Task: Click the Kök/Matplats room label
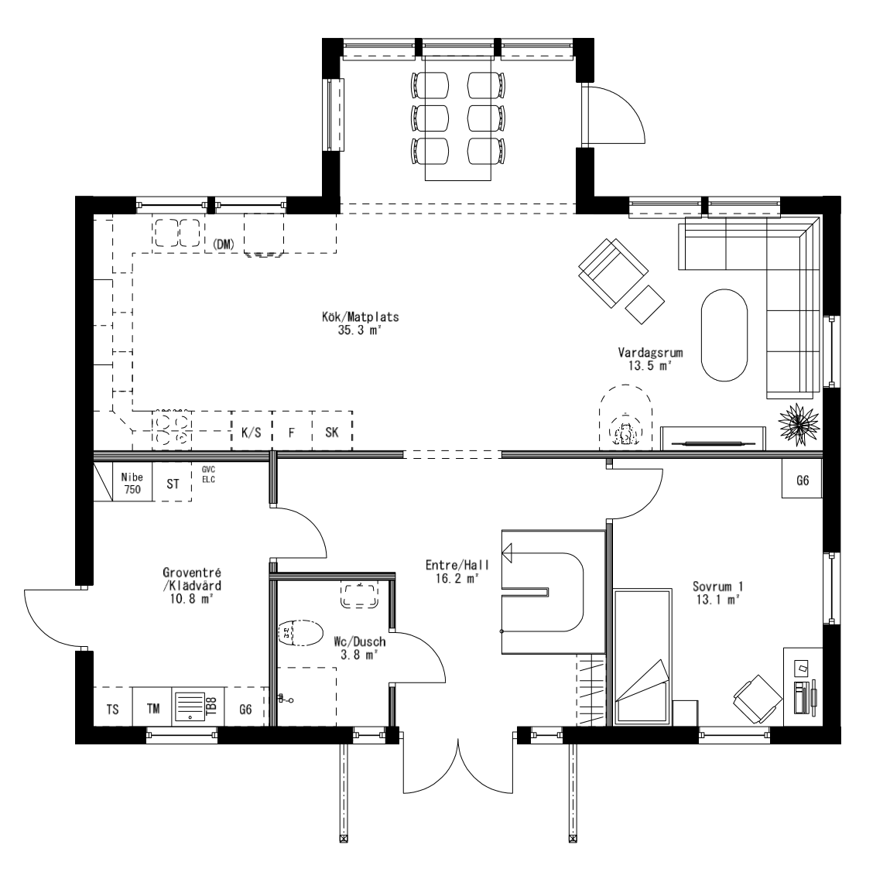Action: pyautogui.click(x=361, y=323)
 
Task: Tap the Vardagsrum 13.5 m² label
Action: pyautogui.click(x=649, y=359)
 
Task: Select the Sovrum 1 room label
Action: pyautogui.click(x=717, y=592)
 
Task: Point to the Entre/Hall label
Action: pyautogui.click(x=453, y=571)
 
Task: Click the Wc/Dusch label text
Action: pyautogui.click(x=359, y=648)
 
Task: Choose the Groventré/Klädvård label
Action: pyautogui.click(x=187, y=585)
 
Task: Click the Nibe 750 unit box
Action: pyautogui.click(x=132, y=484)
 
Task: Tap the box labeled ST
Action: pyautogui.click(x=173, y=484)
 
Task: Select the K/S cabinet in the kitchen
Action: pyautogui.click(x=251, y=433)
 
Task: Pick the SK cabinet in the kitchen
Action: pyautogui.click(x=332, y=433)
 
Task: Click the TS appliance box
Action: pyautogui.click(x=112, y=709)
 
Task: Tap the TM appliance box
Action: pyautogui.click(x=153, y=709)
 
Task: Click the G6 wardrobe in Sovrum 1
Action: pyautogui.click(x=803, y=481)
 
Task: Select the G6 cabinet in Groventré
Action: pyautogui.click(x=245, y=709)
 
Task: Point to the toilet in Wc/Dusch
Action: pyautogui.click(x=300, y=634)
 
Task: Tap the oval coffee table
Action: pyautogui.click(x=724, y=334)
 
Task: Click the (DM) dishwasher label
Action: pyautogui.click(x=223, y=245)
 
